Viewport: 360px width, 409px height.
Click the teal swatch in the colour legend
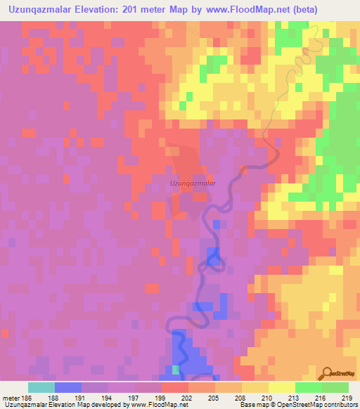point(41,387)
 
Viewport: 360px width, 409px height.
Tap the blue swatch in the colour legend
point(68,387)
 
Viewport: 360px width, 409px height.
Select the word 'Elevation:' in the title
point(93,9)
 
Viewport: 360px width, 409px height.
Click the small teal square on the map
point(176,370)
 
